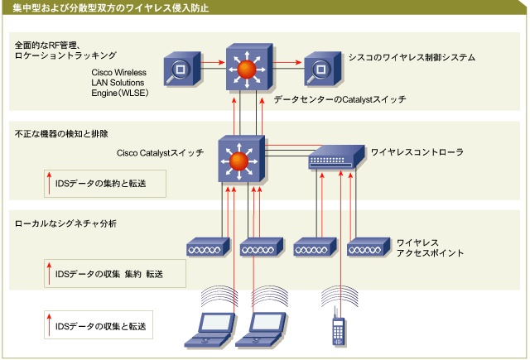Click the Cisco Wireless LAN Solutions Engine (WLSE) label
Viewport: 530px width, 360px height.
click(x=119, y=83)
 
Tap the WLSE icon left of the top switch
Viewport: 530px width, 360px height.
click(x=182, y=69)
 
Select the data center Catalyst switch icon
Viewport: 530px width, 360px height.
click(x=249, y=67)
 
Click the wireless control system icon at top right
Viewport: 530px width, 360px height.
click(x=322, y=69)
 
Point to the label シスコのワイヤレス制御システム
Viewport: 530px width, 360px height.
click(x=412, y=57)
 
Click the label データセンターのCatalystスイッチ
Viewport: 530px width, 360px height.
click(x=340, y=99)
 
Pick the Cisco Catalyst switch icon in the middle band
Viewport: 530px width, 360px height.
click(x=241, y=159)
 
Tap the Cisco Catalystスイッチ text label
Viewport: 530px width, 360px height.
click(x=160, y=153)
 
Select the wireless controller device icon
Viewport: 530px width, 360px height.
click(x=337, y=157)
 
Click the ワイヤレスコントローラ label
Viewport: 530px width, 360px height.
click(x=417, y=152)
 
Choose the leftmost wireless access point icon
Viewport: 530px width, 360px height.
click(x=208, y=247)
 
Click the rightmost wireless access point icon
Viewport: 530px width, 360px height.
click(x=369, y=247)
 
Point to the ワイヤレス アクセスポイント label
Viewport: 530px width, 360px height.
click(x=430, y=248)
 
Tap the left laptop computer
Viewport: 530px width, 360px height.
click(x=210, y=330)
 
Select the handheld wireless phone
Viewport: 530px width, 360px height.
click(x=339, y=327)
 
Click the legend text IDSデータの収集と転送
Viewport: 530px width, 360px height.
click(x=101, y=326)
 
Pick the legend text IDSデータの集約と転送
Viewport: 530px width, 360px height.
click(x=101, y=184)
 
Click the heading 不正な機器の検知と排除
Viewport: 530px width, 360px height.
click(x=61, y=134)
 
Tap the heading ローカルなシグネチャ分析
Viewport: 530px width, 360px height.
click(x=65, y=223)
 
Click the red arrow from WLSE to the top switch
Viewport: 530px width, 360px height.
click(x=213, y=62)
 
